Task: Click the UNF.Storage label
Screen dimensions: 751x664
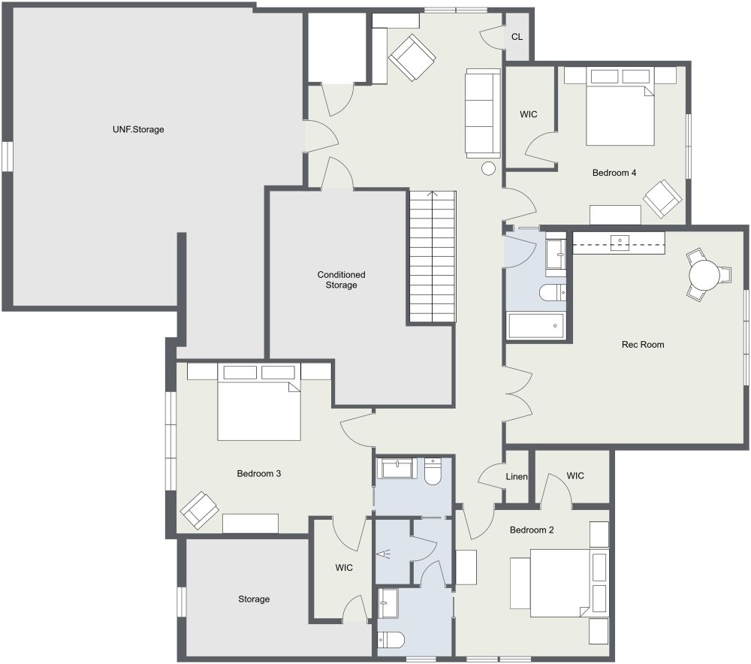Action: coord(138,129)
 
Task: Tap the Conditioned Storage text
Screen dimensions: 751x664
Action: coord(341,279)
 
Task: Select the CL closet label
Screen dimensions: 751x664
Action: coord(517,37)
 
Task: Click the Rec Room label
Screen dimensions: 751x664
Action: coord(643,345)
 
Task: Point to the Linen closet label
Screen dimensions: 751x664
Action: coord(517,477)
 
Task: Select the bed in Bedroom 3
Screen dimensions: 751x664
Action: coord(259,403)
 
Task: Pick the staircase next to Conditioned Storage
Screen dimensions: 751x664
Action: coord(433,257)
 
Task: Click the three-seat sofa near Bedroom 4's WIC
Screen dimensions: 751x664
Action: coord(483,113)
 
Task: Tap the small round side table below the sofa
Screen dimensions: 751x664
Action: coord(488,169)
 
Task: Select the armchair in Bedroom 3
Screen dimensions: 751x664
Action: coord(200,510)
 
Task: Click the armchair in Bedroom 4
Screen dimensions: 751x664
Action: coord(662,199)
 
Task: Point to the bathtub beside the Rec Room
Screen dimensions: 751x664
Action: coord(536,326)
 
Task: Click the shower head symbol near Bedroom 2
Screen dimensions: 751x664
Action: coord(383,554)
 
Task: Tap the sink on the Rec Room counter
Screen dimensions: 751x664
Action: coord(620,243)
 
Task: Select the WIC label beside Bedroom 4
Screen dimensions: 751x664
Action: coord(528,114)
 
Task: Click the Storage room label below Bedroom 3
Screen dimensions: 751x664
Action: coord(254,599)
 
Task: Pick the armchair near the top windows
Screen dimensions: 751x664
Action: coord(412,58)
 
